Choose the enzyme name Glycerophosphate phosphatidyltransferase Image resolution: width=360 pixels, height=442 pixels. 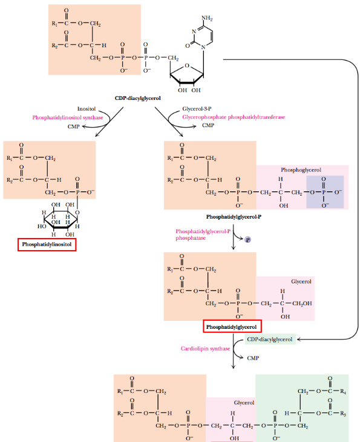click(234, 117)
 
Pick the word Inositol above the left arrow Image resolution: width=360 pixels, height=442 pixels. click(87, 109)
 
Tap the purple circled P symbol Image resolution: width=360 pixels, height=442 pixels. click(247, 240)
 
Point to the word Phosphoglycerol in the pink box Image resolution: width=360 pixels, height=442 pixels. click(301, 170)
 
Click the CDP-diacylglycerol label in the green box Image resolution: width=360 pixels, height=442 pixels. click(270, 340)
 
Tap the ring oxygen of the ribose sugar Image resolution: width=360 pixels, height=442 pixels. click(186, 67)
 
